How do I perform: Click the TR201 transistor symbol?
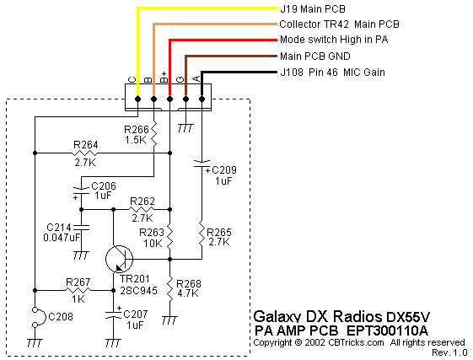coord(120,259)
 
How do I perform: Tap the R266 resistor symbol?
coord(153,134)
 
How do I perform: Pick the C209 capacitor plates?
coord(202,164)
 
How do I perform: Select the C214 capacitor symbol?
coord(81,227)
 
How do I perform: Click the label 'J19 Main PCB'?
coord(313,9)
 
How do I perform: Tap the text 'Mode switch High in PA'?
coord(334,40)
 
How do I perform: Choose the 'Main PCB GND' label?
coord(315,56)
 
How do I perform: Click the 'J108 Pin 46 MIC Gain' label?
coord(333,73)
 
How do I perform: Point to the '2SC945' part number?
coord(138,291)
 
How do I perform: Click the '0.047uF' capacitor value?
coord(62,238)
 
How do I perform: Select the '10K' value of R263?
coord(153,243)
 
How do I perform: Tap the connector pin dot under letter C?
coord(138,99)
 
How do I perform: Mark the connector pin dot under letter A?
coord(202,99)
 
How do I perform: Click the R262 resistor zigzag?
coord(142,209)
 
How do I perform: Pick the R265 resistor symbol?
coord(202,234)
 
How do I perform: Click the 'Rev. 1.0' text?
coord(449,352)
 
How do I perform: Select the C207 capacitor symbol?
coord(114,315)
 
